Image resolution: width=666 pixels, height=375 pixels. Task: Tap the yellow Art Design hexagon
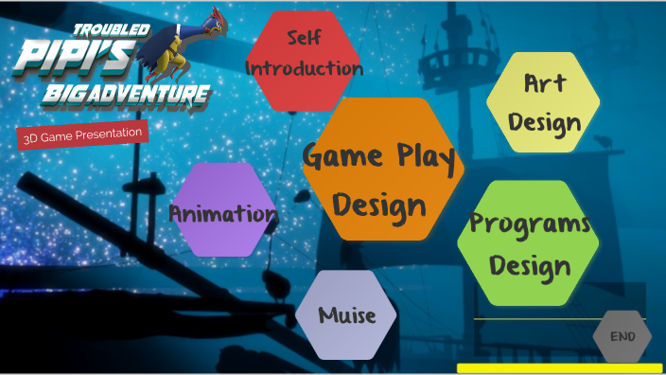[x=543, y=102]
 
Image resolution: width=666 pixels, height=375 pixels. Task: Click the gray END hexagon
[x=622, y=336]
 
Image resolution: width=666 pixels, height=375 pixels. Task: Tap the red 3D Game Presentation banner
[x=83, y=134]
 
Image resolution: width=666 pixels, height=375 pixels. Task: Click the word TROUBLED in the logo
[x=112, y=29]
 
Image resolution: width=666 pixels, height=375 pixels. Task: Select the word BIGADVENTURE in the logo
[x=126, y=94]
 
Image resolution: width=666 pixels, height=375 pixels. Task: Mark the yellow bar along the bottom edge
[x=559, y=367]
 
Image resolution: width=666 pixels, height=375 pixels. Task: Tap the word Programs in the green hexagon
[x=530, y=224]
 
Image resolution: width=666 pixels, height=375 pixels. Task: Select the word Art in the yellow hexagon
[x=545, y=82]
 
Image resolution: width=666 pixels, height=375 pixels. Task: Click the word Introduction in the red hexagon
[x=304, y=68]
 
